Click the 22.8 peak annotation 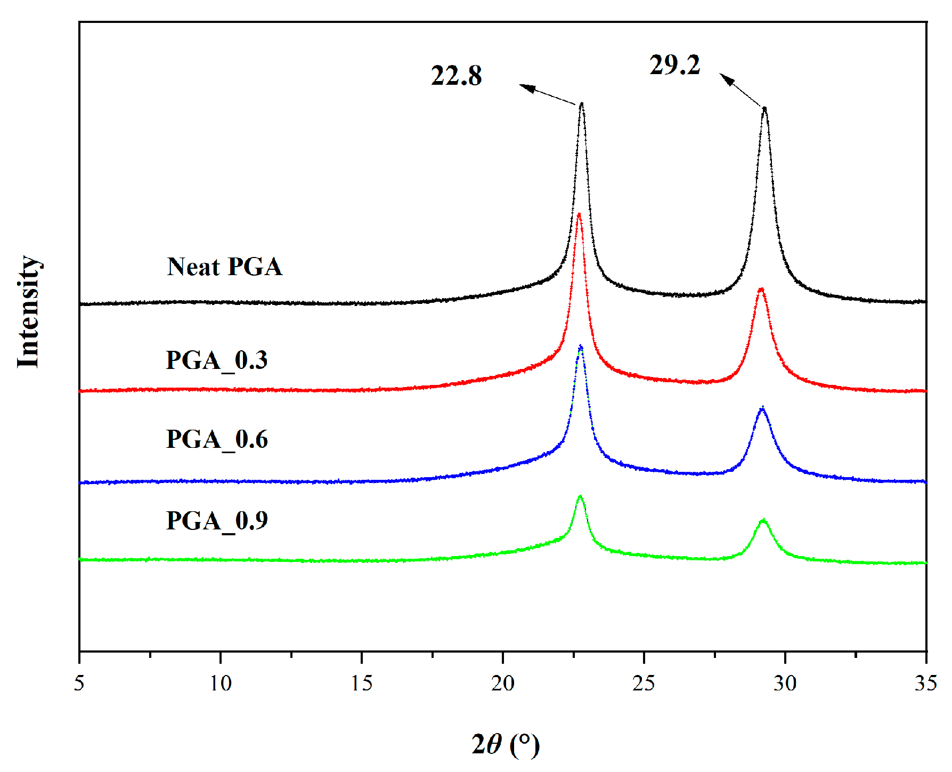(456, 76)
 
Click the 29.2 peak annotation (674, 65)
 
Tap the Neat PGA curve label (224, 267)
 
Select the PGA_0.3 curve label (216, 360)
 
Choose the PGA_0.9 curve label (216, 521)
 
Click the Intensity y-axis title (29, 312)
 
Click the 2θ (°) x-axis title (505, 744)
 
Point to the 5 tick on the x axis (79, 683)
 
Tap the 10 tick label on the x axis (221, 683)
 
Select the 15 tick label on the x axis (362, 683)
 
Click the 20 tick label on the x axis (503, 683)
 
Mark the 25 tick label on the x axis (644, 683)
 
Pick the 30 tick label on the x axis (785, 683)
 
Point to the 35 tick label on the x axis (926, 683)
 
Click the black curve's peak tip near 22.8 (581, 104)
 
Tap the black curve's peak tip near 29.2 (764, 108)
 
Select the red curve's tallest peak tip (579, 214)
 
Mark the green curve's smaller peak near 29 (763, 520)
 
